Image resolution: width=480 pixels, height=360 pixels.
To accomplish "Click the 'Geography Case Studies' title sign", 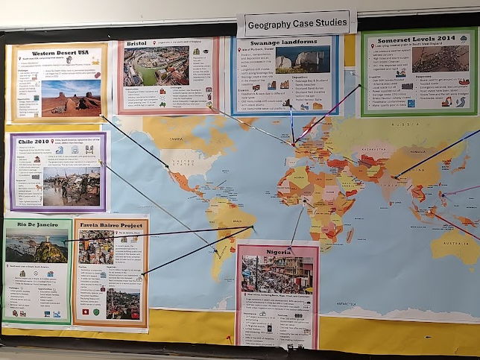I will (x=296, y=22).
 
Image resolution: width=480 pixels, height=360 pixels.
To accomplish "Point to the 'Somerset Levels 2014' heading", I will (x=418, y=39).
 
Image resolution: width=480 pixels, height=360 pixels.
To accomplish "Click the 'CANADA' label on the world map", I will (x=176, y=139).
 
